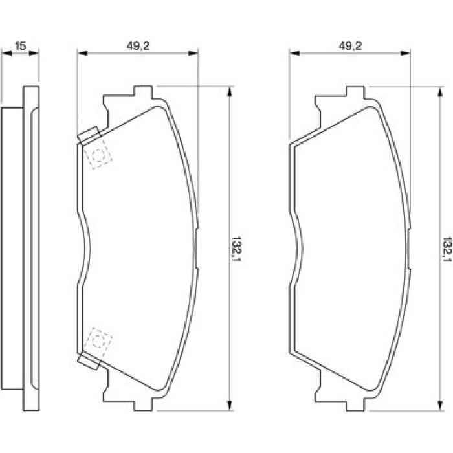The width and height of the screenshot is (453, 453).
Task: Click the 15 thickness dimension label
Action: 20,46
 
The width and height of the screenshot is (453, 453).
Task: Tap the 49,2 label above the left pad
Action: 138,46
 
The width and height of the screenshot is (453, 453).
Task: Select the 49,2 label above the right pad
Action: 350,46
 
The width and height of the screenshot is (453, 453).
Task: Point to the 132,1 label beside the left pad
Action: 237,250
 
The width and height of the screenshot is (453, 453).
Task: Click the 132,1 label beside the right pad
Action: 447,250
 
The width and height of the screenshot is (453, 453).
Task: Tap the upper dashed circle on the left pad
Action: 98,157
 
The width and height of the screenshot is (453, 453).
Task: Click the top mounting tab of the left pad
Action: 143,92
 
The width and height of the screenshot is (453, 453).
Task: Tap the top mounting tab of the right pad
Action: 355,92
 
